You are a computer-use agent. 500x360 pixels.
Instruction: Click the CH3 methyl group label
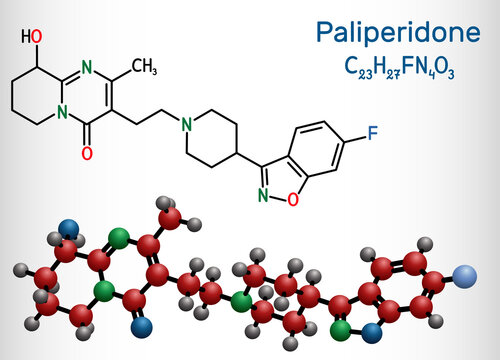click(144, 68)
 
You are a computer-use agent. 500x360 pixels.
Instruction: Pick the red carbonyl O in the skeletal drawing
click(87, 153)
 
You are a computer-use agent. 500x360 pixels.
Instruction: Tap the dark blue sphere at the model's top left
click(69, 228)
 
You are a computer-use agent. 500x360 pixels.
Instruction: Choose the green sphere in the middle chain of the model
click(240, 300)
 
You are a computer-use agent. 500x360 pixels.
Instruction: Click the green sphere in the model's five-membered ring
click(342, 326)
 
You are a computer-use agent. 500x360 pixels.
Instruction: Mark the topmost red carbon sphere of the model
click(170, 217)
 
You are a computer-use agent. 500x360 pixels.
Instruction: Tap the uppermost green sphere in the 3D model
click(119, 238)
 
